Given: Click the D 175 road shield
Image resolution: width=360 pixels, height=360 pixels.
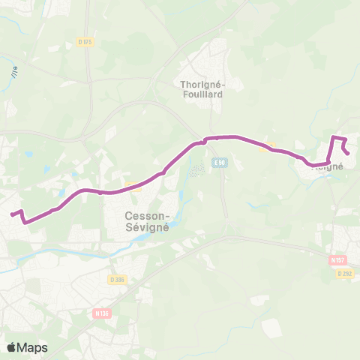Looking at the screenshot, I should pyautogui.click(x=85, y=43).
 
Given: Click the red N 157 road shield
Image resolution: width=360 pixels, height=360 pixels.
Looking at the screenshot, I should pyautogui.click(x=337, y=260).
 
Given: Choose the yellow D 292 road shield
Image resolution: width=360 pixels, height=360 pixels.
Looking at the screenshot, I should pyautogui.click(x=344, y=274).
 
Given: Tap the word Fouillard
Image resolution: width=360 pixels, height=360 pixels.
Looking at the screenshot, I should pyautogui.click(x=202, y=94).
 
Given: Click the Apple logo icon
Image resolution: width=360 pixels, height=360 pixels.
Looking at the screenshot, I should pyautogui.click(x=12, y=347).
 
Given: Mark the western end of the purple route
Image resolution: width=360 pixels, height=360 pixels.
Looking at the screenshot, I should pyautogui.click(x=10, y=214).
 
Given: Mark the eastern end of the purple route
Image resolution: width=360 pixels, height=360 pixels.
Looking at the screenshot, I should pyautogui.click(x=348, y=154).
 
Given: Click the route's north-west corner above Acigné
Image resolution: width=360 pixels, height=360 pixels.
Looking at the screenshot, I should pyautogui.click(x=333, y=137).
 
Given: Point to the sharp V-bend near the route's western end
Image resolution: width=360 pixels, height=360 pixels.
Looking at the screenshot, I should pyautogui.click(x=25, y=222).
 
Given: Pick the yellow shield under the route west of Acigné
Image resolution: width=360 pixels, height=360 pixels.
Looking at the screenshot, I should pyautogui.click(x=268, y=147).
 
